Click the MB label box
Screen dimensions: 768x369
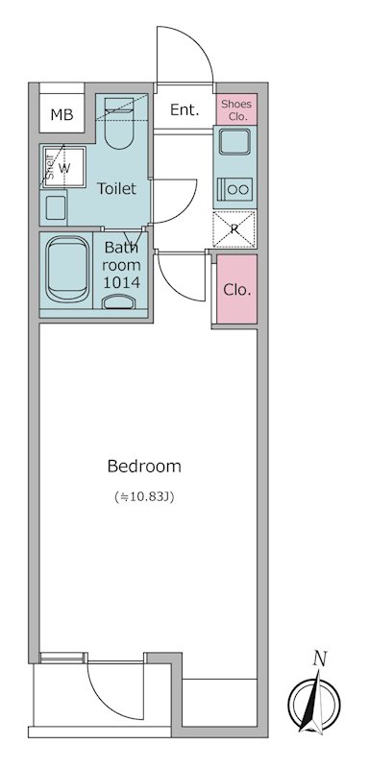click(x=61, y=115)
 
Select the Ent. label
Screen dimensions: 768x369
click(x=184, y=109)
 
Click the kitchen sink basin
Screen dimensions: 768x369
click(x=234, y=144)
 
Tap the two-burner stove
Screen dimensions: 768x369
click(x=234, y=189)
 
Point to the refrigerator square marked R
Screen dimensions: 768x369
click(x=234, y=228)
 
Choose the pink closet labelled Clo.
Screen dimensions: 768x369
click(x=236, y=289)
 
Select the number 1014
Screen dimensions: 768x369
click(x=123, y=282)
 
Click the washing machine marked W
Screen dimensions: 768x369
click(x=64, y=168)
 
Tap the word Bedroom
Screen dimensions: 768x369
click(x=144, y=467)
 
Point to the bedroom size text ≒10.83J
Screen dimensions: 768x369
click(x=144, y=497)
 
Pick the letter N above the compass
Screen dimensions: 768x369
click(x=320, y=658)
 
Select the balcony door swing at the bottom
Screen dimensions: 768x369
click(x=112, y=691)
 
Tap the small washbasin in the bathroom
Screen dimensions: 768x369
click(x=119, y=304)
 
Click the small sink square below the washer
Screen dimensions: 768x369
click(x=55, y=204)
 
